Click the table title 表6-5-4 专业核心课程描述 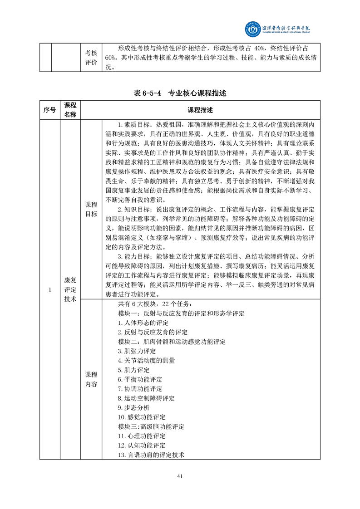(180, 93)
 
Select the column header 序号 (50, 110)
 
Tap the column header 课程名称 (70, 110)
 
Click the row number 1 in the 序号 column (50, 289)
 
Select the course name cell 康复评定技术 (70, 289)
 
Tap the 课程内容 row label (91, 379)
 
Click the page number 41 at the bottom (180, 476)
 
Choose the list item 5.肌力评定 (133, 370)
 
